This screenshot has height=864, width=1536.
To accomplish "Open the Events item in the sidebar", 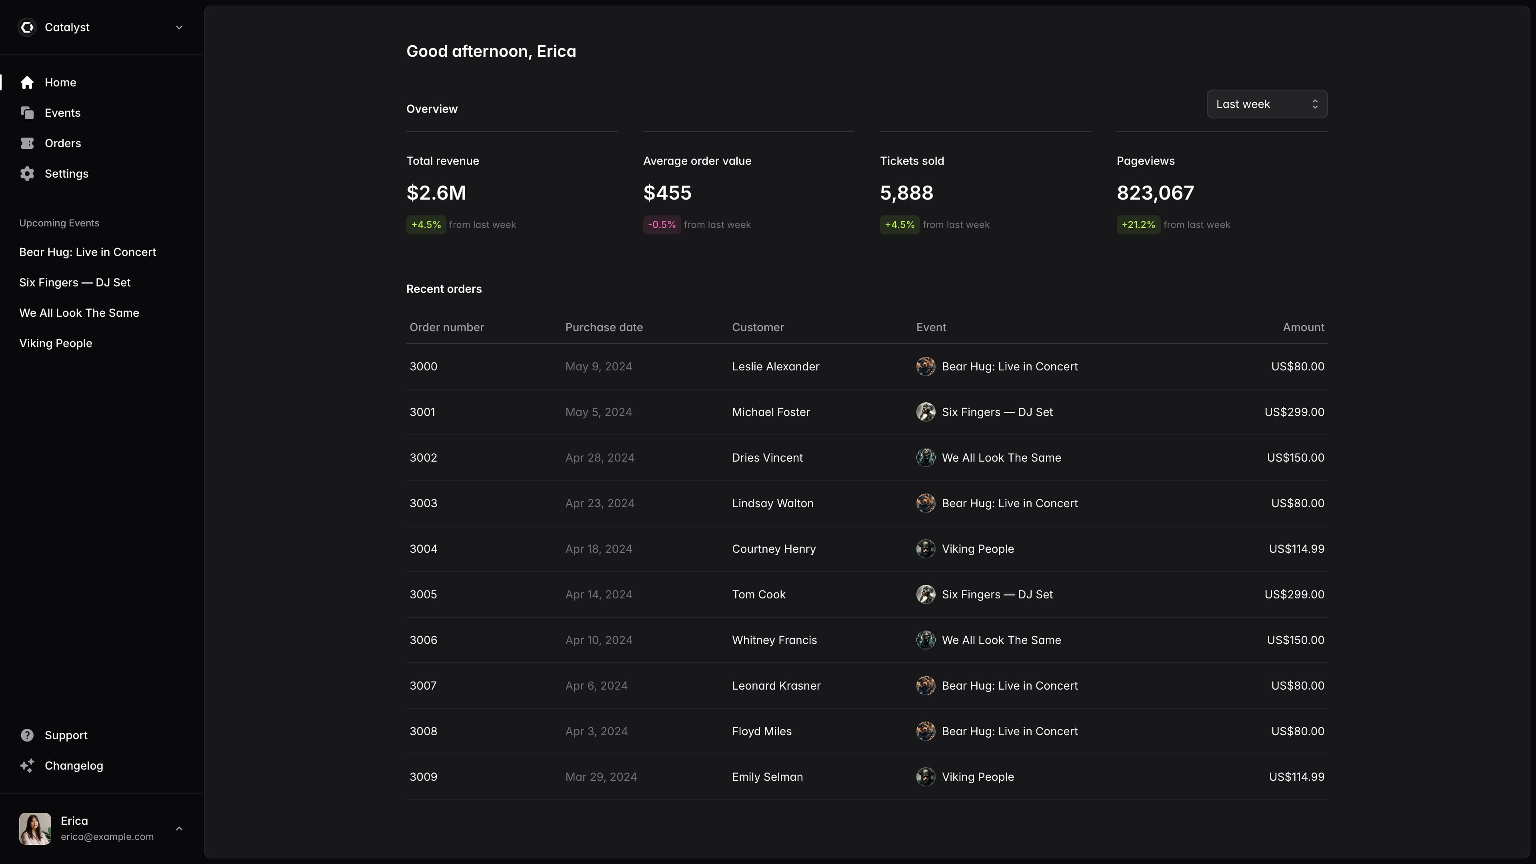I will tap(62, 113).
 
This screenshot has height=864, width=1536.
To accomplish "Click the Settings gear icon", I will tap(27, 174).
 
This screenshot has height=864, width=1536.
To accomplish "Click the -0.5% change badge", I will tap(661, 225).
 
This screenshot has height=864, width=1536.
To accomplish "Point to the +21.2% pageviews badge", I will tap(1138, 225).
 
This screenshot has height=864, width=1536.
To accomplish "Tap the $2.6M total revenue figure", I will tap(436, 192).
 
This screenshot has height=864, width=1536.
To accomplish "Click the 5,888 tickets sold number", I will tap(906, 192).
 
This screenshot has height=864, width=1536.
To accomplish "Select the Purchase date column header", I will tap(604, 327).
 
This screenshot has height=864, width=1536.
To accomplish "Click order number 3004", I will tap(423, 548).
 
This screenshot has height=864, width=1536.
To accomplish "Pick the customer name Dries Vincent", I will tap(767, 457).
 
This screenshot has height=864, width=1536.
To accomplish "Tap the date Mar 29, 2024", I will tap(600, 776).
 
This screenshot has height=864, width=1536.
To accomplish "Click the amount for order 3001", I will tap(1294, 412).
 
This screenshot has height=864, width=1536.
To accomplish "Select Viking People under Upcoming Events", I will tap(56, 344).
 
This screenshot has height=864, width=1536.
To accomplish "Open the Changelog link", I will tap(73, 766).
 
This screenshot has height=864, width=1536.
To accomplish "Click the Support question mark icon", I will tap(27, 735).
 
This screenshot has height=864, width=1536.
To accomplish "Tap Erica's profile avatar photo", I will tap(34, 828).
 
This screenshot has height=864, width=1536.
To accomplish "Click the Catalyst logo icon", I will tap(27, 28).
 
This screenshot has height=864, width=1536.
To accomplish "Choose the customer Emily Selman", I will tap(767, 776).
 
